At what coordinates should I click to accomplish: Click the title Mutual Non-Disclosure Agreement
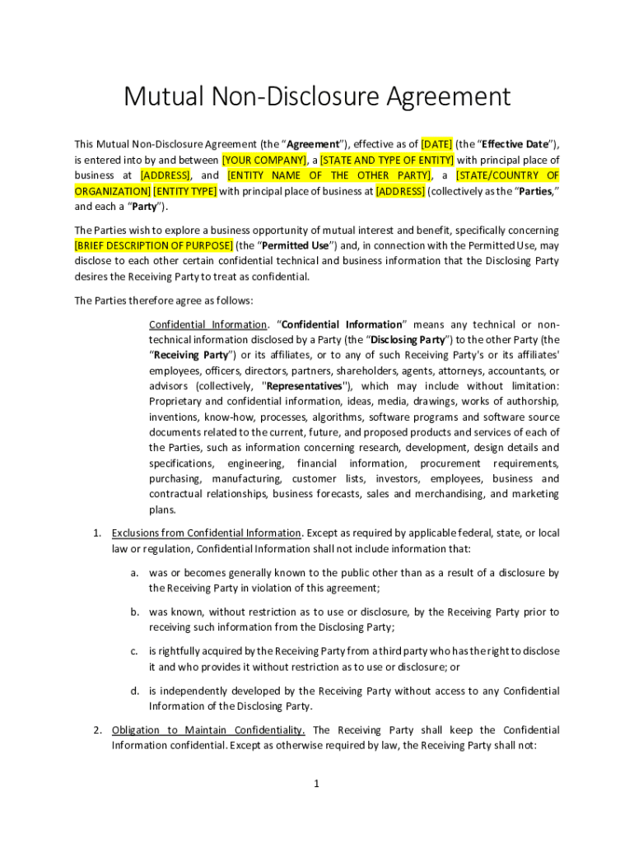tap(317, 97)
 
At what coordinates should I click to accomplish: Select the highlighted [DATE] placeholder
tap(436, 144)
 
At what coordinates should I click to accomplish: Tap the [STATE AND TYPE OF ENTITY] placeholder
tap(386, 160)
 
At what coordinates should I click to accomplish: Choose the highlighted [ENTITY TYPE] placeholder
tap(184, 191)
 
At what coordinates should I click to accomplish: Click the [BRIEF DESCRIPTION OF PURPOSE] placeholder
tap(153, 245)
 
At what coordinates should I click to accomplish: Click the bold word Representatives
tap(305, 386)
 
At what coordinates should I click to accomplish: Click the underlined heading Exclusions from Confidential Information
tap(207, 533)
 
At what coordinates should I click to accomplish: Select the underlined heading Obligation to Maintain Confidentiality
tap(208, 730)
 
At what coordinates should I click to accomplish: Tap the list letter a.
tap(133, 572)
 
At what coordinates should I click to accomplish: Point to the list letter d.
tap(133, 691)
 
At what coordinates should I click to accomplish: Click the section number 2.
tap(96, 730)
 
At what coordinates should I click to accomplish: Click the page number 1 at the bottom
tap(316, 784)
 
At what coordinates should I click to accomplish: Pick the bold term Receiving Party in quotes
tap(188, 355)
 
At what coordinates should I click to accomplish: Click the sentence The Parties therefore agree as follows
tap(164, 300)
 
